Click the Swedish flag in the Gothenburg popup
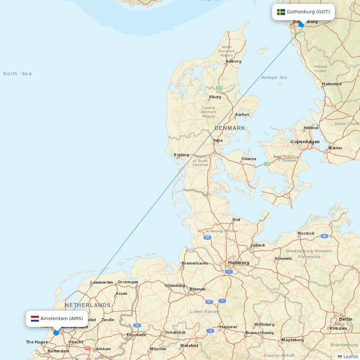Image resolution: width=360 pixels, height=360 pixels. (x=281, y=12)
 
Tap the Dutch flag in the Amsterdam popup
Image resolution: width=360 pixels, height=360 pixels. (x=35, y=319)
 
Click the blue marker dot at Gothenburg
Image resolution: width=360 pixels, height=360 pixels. (x=301, y=24)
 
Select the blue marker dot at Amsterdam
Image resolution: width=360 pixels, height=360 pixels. (x=56, y=333)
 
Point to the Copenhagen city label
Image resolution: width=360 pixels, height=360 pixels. (x=305, y=142)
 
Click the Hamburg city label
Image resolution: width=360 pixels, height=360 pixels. (x=238, y=263)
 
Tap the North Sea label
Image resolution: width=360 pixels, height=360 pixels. (x=17, y=74)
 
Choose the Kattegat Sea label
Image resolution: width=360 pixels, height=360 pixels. (x=274, y=77)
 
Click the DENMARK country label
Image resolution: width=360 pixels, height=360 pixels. (x=230, y=128)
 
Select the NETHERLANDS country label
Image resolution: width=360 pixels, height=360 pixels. (x=87, y=305)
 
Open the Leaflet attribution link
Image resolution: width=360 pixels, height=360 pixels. (x=350, y=356)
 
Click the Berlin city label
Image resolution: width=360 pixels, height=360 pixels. (x=346, y=319)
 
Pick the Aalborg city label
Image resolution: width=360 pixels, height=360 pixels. (x=233, y=61)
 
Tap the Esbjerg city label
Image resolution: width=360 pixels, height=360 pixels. (x=181, y=155)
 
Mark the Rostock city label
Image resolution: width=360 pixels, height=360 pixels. (x=306, y=233)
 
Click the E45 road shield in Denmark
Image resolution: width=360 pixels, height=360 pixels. (x=219, y=88)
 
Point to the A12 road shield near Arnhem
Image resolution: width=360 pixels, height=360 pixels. (x=88, y=348)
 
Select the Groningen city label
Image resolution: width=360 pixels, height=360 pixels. (x=128, y=282)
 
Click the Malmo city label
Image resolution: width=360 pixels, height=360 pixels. (x=335, y=148)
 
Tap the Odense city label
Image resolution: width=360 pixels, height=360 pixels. (x=249, y=159)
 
